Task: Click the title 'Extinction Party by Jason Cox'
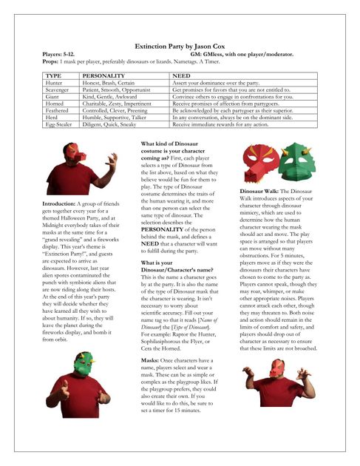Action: click(180, 46)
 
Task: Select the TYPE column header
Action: click(53, 75)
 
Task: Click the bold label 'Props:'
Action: click(52, 61)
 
